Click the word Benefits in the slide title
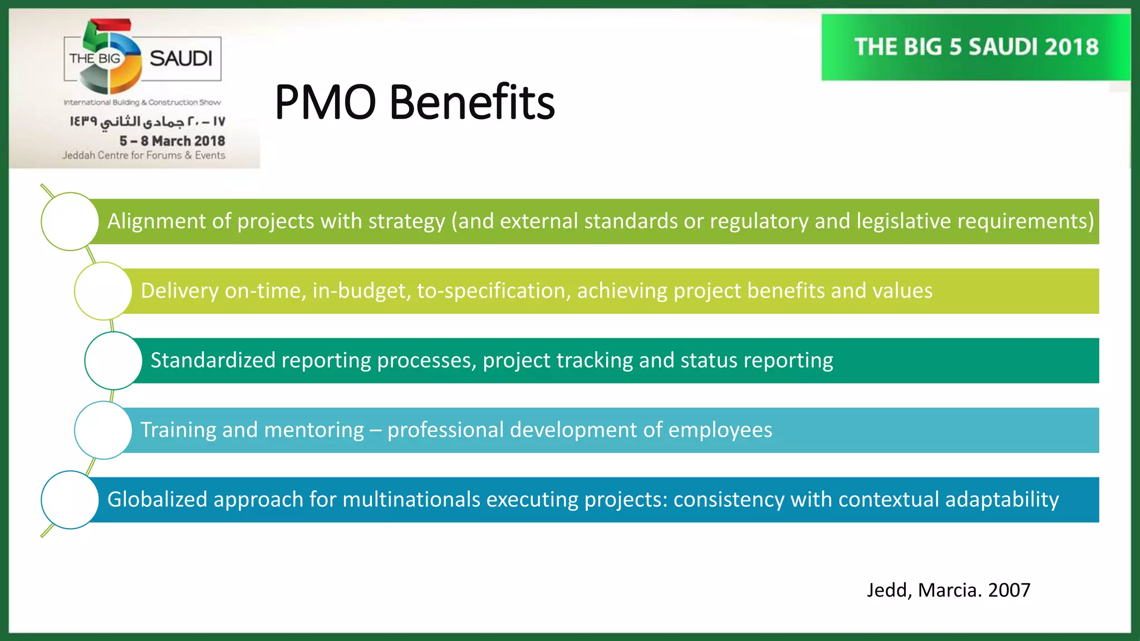pyautogui.click(x=472, y=102)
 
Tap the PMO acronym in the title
pyautogui.click(x=325, y=102)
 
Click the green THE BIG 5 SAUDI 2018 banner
pyautogui.click(x=976, y=47)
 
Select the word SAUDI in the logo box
pyautogui.click(x=181, y=58)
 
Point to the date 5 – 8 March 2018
pyautogui.click(x=172, y=141)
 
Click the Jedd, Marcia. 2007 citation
pyautogui.click(x=948, y=590)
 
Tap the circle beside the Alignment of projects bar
pyautogui.click(x=70, y=221)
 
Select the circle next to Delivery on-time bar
pyautogui.click(x=103, y=291)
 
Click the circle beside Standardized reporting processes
pyautogui.click(x=114, y=361)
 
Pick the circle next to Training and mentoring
pyautogui.click(x=103, y=430)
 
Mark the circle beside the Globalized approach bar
pyautogui.click(x=70, y=500)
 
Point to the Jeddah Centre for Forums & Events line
pyautogui.click(x=144, y=155)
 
